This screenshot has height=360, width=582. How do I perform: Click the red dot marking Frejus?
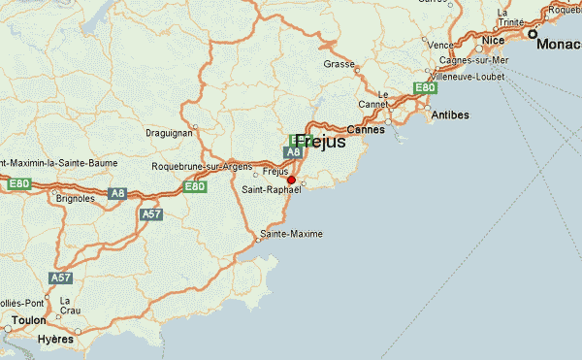[291, 180]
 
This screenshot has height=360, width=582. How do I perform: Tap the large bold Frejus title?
[319, 141]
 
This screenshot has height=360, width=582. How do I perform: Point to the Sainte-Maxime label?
[291, 235]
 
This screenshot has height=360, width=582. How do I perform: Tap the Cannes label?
[366, 129]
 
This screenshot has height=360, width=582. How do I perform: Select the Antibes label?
[449, 115]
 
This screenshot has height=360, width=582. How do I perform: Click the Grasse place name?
[339, 64]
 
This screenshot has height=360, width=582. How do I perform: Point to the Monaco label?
[561, 45]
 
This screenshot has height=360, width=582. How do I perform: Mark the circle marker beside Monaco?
[532, 34]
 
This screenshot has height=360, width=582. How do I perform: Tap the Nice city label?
[494, 40]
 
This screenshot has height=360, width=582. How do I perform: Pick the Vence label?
[440, 45]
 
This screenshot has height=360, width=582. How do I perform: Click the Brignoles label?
[76, 198]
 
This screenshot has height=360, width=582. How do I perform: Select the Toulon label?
[28, 319]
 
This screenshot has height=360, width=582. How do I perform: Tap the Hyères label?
[56, 340]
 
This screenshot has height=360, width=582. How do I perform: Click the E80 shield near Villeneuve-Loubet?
[424, 87]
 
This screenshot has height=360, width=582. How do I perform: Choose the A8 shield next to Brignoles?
[117, 194]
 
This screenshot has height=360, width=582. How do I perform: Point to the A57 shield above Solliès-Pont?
[61, 278]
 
